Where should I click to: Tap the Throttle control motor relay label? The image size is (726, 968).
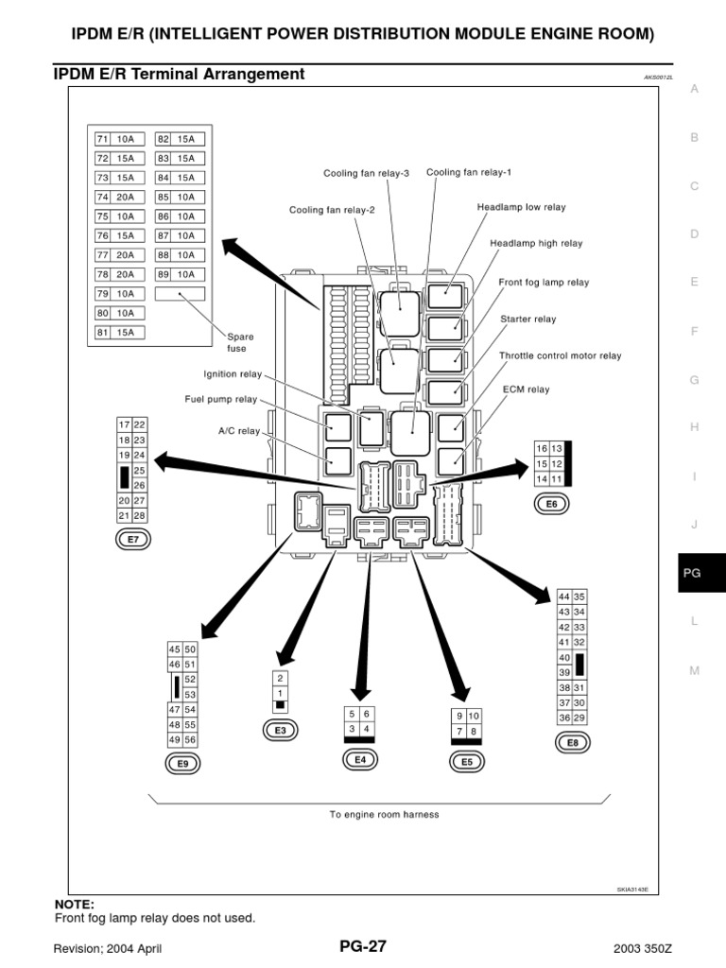coord(560,356)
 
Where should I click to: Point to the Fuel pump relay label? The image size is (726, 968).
coord(220,399)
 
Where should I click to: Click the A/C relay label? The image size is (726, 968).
coord(239,430)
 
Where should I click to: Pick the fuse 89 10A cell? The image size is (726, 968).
coord(176,274)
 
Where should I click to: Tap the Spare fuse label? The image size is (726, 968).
coord(240,342)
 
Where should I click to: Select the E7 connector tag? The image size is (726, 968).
coord(132,540)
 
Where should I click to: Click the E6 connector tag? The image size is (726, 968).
coord(552,505)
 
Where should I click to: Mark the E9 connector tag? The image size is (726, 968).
coord(182,763)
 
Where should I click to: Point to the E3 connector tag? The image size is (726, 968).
coord(280,730)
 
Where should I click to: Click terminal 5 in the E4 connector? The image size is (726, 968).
coord(352,715)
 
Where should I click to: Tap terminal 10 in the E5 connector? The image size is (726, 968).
coord(474,716)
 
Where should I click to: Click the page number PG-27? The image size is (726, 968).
coord(362,945)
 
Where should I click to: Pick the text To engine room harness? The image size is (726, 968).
coord(384,814)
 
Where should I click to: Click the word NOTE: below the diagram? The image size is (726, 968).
coord(75,904)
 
